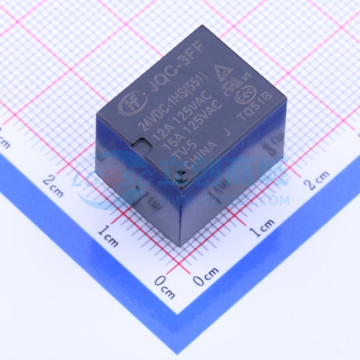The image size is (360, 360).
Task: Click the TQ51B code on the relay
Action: (255, 108)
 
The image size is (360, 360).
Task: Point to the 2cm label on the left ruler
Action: (53, 186)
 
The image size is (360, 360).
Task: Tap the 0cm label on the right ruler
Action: (206, 276)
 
